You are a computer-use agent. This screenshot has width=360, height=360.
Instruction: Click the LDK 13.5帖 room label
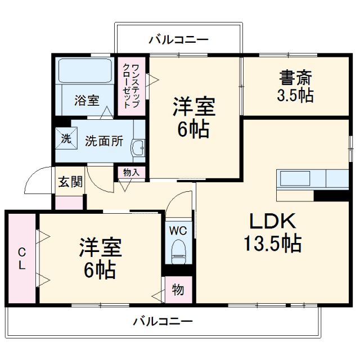(x=272, y=233)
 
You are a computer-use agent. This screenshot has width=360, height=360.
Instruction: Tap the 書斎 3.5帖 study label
(x=294, y=85)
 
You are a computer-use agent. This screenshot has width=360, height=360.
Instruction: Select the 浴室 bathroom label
(x=87, y=101)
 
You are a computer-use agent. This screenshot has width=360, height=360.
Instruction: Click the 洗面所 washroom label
(x=104, y=141)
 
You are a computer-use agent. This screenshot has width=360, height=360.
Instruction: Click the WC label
(x=178, y=229)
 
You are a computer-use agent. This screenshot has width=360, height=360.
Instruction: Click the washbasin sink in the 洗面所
(x=138, y=148)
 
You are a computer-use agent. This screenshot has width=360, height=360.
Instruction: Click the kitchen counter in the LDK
(x=313, y=179)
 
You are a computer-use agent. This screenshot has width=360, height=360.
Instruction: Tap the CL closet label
(x=21, y=259)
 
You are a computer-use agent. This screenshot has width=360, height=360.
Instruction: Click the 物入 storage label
(x=131, y=173)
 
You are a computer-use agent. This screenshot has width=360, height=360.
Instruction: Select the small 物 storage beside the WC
(x=178, y=290)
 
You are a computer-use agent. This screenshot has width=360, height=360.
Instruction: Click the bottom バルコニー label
(x=163, y=322)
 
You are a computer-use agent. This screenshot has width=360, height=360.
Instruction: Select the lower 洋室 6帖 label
(x=101, y=259)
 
